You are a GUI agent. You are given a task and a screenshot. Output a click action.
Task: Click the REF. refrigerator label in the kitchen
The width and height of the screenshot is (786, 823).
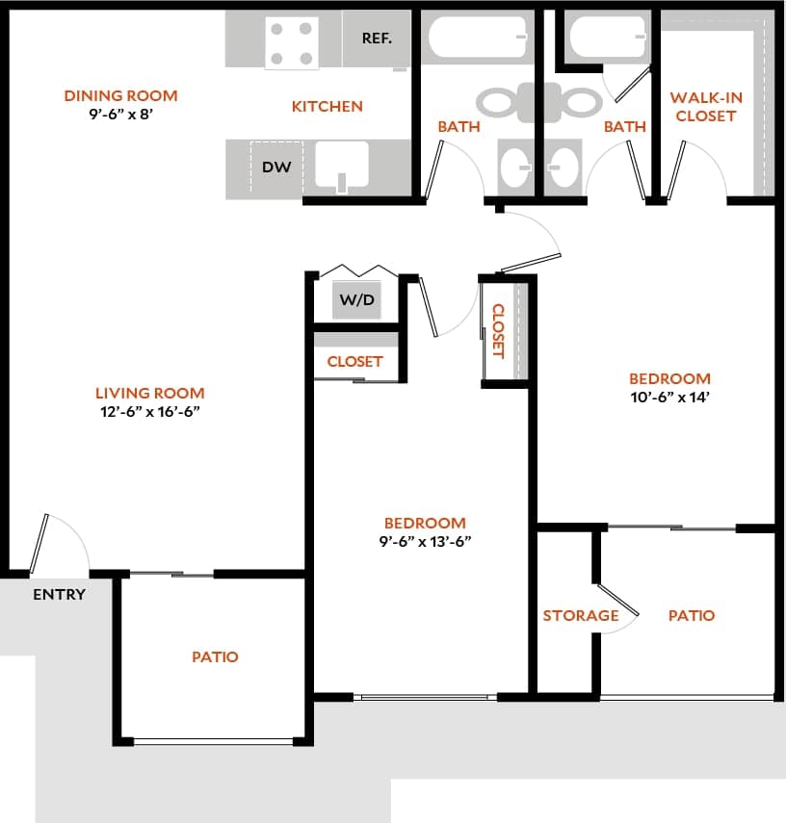(376, 39)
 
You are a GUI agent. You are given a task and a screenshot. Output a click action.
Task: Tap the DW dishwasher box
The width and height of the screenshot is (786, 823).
(276, 167)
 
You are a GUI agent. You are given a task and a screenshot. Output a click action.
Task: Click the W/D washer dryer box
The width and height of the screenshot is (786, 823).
(356, 300)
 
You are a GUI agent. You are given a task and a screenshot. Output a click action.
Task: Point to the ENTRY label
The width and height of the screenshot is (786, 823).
(59, 594)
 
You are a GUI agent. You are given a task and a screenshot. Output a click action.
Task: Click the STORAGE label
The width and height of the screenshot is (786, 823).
(580, 615)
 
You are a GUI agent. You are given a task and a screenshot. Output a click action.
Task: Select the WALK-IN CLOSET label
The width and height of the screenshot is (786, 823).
(705, 107)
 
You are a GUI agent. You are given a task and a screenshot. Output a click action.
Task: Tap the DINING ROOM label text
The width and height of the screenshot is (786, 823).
(120, 95)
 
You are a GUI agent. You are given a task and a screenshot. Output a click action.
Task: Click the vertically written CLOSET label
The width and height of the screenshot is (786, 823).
(498, 330)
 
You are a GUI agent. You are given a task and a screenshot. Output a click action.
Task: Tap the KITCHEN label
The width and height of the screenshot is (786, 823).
(327, 106)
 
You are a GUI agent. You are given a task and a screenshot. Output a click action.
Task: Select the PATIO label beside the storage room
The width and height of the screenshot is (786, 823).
(691, 615)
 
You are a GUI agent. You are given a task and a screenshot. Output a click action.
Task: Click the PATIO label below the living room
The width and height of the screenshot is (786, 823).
(214, 656)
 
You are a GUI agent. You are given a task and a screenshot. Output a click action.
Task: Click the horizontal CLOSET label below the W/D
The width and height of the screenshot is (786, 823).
(354, 362)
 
